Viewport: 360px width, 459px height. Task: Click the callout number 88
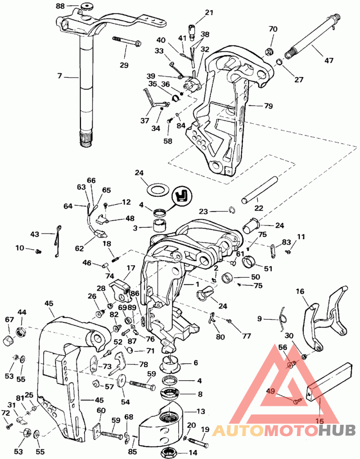60,5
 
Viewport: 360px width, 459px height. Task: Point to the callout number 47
329,60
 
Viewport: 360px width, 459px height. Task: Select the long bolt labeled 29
126,41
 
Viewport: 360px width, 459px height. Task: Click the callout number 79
268,106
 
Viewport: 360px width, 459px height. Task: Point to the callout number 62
79,248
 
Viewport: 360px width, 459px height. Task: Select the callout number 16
300,291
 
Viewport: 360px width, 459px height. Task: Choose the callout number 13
201,411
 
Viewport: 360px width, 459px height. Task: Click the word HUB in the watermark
337,431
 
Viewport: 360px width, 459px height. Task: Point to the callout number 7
60,76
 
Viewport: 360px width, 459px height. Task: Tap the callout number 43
35,234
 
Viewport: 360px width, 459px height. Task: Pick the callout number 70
273,29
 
